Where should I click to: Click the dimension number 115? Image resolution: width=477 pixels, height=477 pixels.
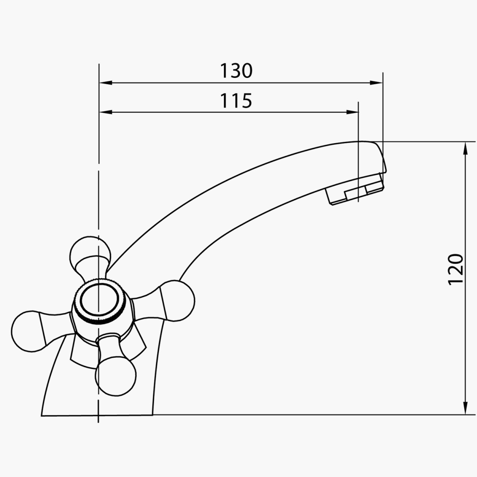tap(236, 101)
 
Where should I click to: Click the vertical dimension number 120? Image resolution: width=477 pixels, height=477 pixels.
tap(456, 269)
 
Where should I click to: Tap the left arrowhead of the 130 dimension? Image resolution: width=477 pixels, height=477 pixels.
tap(105, 83)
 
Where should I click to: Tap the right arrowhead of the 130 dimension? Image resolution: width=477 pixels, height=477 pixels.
tap(376, 83)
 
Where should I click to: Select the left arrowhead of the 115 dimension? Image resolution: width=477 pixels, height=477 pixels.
tap(105, 112)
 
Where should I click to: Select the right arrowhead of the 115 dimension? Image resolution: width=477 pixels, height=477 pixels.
tap(352, 112)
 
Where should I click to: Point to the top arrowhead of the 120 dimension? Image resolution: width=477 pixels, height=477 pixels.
tap(465, 148)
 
